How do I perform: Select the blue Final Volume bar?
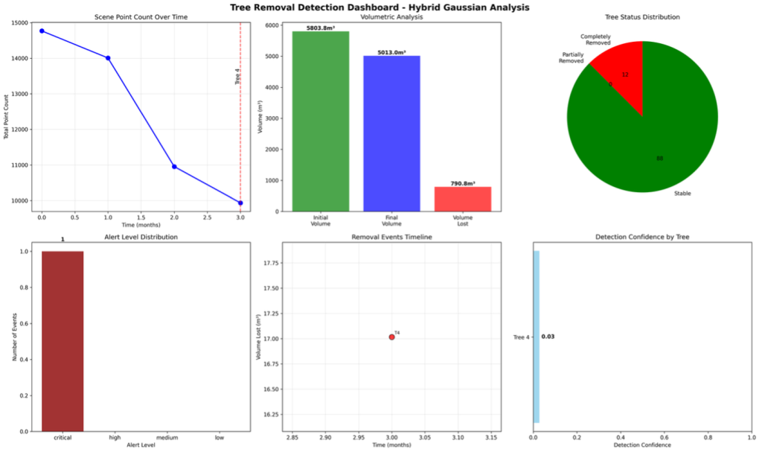tap(391, 133)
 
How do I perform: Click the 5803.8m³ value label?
tap(321, 28)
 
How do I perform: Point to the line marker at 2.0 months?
tap(174, 167)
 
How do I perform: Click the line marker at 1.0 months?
tap(108, 58)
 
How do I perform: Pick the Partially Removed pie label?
tap(572, 57)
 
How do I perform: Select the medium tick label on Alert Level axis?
tap(167, 437)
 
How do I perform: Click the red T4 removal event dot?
tap(392, 337)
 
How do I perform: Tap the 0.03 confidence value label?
tap(548, 337)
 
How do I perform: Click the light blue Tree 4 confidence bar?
tap(537, 337)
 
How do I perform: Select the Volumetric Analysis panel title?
tap(391, 17)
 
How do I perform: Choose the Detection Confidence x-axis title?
tap(642, 445)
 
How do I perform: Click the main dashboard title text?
tap(381, 7)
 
